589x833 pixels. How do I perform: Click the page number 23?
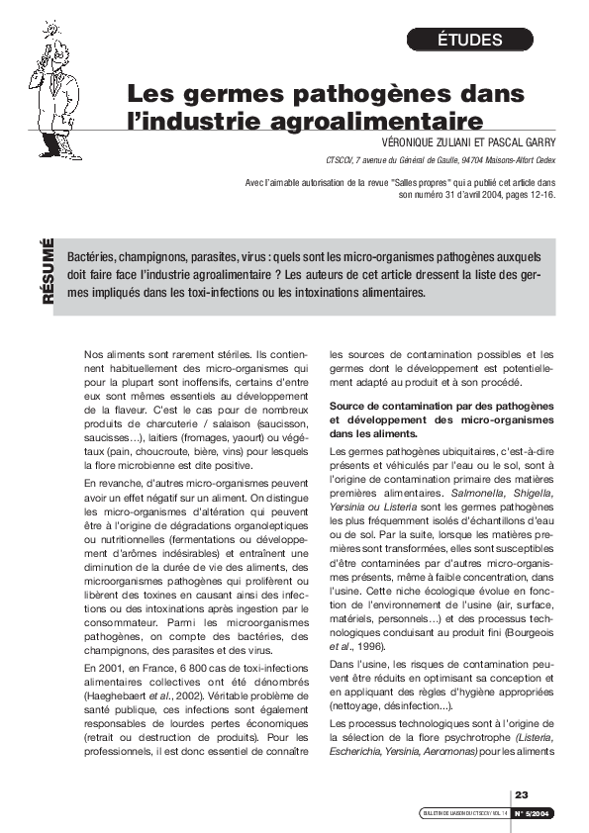(x=523, y=794)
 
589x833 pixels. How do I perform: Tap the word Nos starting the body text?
(x=94, y=353)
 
